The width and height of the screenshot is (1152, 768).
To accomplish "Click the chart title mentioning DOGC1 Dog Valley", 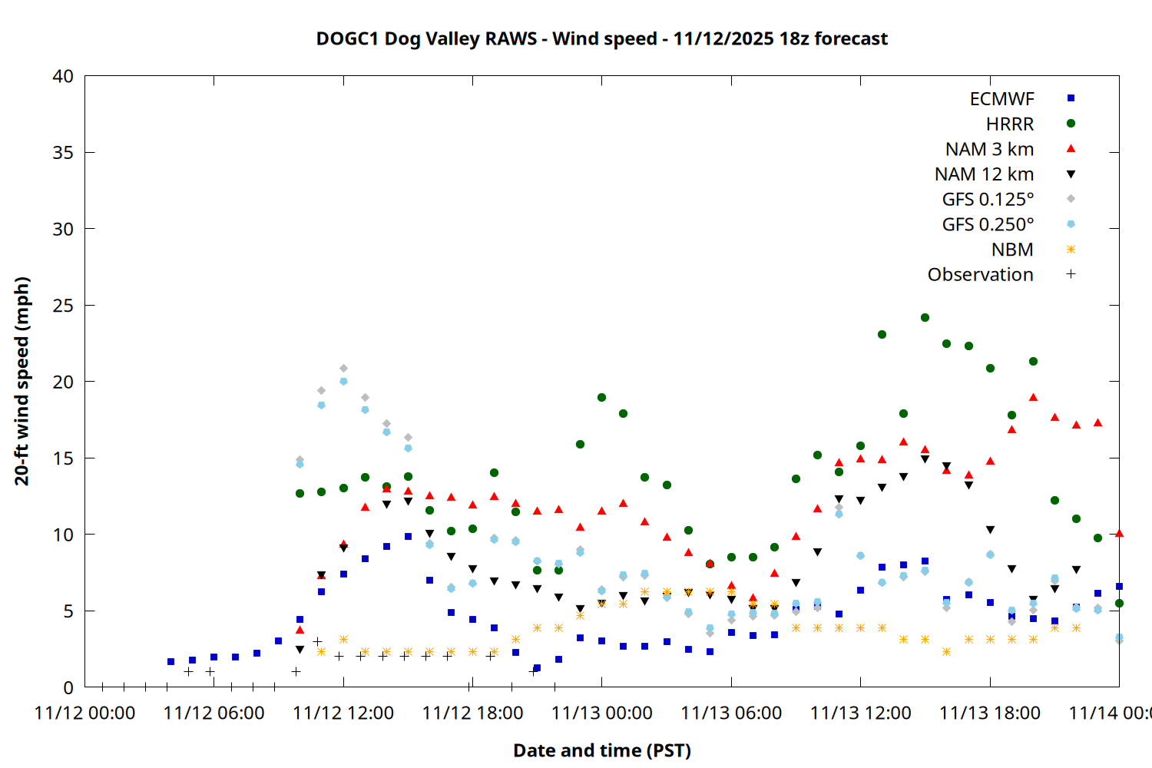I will point(601,38).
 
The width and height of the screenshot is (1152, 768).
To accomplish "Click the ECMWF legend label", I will point(1001,99).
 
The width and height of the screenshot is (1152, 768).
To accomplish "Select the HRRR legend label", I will point(1009,124).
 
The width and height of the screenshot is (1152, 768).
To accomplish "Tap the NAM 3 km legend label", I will point(989,149).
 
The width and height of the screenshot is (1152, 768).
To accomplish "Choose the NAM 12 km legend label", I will point(984,174).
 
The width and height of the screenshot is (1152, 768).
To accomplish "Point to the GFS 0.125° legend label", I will point(988,200).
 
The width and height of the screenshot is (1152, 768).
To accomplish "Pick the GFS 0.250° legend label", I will point(988,224).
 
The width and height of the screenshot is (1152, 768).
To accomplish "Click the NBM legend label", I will point(1011,250).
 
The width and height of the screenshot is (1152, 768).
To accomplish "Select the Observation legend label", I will point(980,275).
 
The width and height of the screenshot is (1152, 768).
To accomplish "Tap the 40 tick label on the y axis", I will point(63,76).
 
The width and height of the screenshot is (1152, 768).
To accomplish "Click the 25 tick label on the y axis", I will point(63,306).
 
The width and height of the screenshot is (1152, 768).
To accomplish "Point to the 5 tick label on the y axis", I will point(68,611).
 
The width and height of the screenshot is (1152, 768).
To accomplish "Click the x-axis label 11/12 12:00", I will point(343,713).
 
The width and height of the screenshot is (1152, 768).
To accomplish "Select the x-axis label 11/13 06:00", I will point(731,713).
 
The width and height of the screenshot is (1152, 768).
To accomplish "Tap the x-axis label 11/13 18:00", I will point(990,713).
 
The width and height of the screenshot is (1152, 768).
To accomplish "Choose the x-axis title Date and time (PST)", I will point(601,750).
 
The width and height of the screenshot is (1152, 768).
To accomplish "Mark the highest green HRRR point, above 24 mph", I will point(925,317).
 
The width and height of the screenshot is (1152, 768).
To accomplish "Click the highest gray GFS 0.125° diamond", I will point(343,369).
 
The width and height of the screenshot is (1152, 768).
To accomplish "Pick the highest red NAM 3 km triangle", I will point(1033,397).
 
